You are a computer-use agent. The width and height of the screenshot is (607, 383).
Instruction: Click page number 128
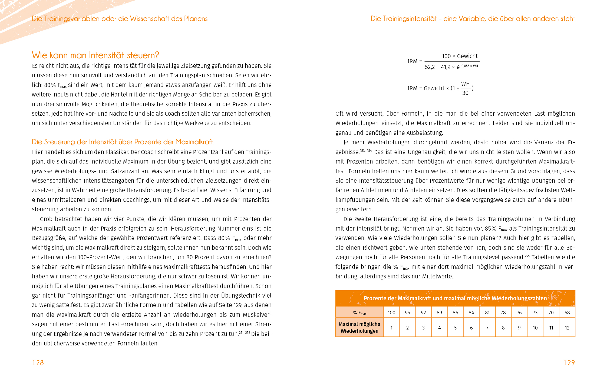(38, 363)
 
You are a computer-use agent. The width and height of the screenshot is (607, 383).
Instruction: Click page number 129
(569, 363)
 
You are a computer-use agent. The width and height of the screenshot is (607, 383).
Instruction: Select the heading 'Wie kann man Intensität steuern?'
(95, 55)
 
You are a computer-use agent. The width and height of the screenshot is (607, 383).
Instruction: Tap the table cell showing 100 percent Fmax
(391, 312)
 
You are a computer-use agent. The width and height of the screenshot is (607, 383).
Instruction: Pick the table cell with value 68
(567, 312)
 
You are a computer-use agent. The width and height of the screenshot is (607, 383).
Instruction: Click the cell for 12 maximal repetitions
(567, 328)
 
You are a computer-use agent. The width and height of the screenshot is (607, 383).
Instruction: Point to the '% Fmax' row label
(359, 313)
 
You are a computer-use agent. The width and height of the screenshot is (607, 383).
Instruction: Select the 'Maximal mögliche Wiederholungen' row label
(359, 327)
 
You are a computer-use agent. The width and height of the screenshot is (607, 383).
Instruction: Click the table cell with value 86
(455, 312)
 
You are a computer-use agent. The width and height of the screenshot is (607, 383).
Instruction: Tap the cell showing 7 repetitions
(487, 328)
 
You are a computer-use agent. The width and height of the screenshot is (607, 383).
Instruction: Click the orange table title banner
(455, 298)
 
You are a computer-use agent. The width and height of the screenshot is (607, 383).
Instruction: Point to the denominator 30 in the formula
(465, 93)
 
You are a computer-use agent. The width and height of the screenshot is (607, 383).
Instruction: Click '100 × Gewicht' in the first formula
(460, 56)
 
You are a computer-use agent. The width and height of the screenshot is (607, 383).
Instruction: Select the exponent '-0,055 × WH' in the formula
(470, 66)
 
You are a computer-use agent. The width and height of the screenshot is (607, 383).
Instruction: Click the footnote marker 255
(527, 256)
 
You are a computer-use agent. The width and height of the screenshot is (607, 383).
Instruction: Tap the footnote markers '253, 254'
(366, 151)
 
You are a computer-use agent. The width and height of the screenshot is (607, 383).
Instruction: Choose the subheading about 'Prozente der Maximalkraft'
(122, 142)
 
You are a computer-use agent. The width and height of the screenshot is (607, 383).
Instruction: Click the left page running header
(120, 19)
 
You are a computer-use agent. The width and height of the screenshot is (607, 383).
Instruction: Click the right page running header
(473, 19)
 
